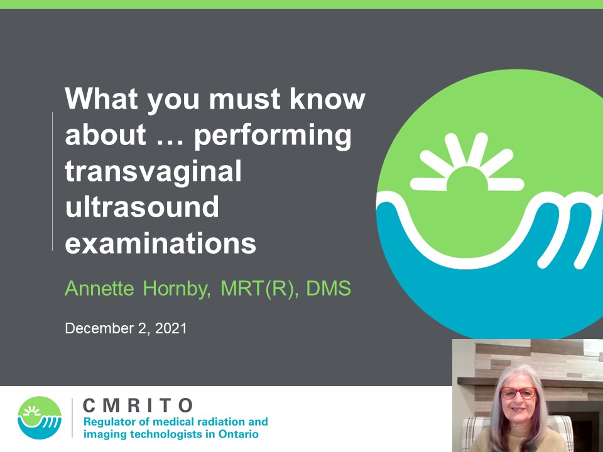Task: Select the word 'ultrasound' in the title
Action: point(142,207)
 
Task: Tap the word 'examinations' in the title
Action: point(160,244)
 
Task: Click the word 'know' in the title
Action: point(327,99)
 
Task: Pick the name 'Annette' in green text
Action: point(99,288)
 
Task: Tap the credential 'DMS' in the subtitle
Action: point(329,288)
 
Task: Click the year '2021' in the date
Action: point(171,328)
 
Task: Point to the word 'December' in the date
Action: point(99,328)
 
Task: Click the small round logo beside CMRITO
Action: point(40,418)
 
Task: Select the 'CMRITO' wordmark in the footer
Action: point(138,406)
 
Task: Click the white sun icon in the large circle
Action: point(467,163)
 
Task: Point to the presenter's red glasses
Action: point(518,393)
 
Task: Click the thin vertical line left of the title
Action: point(52,181)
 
